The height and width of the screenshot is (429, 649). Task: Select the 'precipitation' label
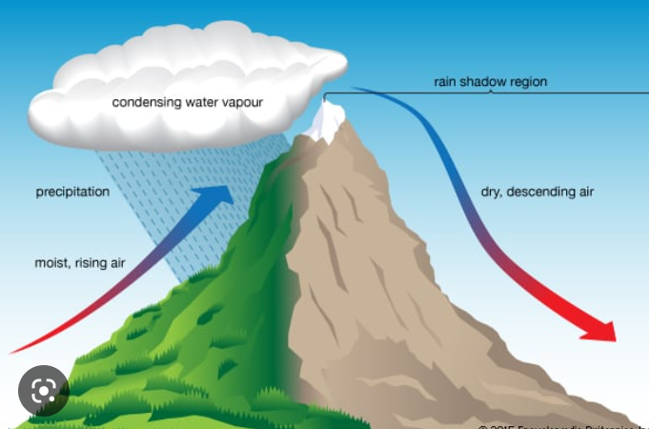tap(72, 192)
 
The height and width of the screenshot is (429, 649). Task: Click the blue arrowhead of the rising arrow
tap(217, 194)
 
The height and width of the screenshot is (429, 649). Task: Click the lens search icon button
tap(43, 390)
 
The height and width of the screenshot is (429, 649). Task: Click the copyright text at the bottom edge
tap(562, 425)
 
